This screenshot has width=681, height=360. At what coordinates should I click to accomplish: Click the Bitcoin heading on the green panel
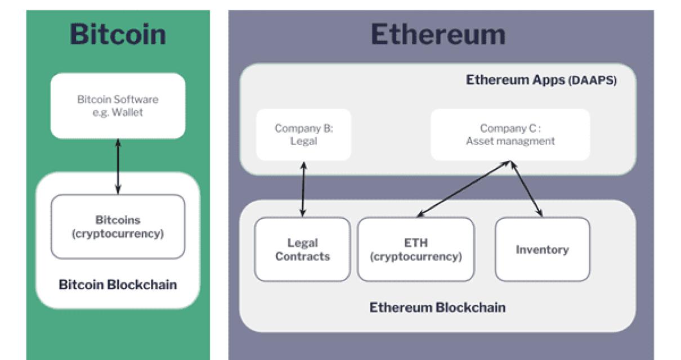pyautogui.click(x=118, y=34)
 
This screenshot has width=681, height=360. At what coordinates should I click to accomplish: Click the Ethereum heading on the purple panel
pyautogui.click(x=437, y=34)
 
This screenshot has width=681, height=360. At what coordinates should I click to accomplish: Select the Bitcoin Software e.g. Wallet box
pyautogui.click(x=118, y=106)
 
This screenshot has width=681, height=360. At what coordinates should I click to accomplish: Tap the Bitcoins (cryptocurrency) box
pyautogui.click(x=118, y=227)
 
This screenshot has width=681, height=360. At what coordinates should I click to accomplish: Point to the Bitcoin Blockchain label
pyautogui.click(x=118, y=285)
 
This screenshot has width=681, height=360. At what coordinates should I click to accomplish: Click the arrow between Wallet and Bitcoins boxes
pyautogui.click(x=118, y=167)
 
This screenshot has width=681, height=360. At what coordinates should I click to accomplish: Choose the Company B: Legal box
pyautogui.click(x=303, y=134)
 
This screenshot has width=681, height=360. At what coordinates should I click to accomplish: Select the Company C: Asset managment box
pyautogui.click(x=510, y=134)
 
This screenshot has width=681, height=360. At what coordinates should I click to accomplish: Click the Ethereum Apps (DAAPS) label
pyautogui.click(x=541, y=80)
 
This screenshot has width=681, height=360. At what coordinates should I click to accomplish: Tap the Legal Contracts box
pyautogui.click(x=302, y=249)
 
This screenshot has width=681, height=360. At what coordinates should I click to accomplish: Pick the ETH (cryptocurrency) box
pyautogui.click(x=415, y=249)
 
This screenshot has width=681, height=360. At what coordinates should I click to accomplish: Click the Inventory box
pyautogui.click(x=542, y=249)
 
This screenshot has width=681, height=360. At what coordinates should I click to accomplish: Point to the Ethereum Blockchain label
pyautogui.click(x=437, y=307)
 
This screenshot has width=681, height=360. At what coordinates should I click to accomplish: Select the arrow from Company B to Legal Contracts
pyautogui.click(x=303, y=190)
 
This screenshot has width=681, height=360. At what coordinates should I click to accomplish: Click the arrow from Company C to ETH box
pyautogui.click(x=464, y=189)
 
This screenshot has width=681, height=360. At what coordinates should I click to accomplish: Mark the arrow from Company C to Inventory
pyautogui.click(x=526, y=189)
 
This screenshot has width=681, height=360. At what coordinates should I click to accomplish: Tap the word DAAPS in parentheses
pyautogui.click(x=593, y=80)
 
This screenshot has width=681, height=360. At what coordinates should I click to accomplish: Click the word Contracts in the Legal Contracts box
pyautogui.click(x=302, y=256)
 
